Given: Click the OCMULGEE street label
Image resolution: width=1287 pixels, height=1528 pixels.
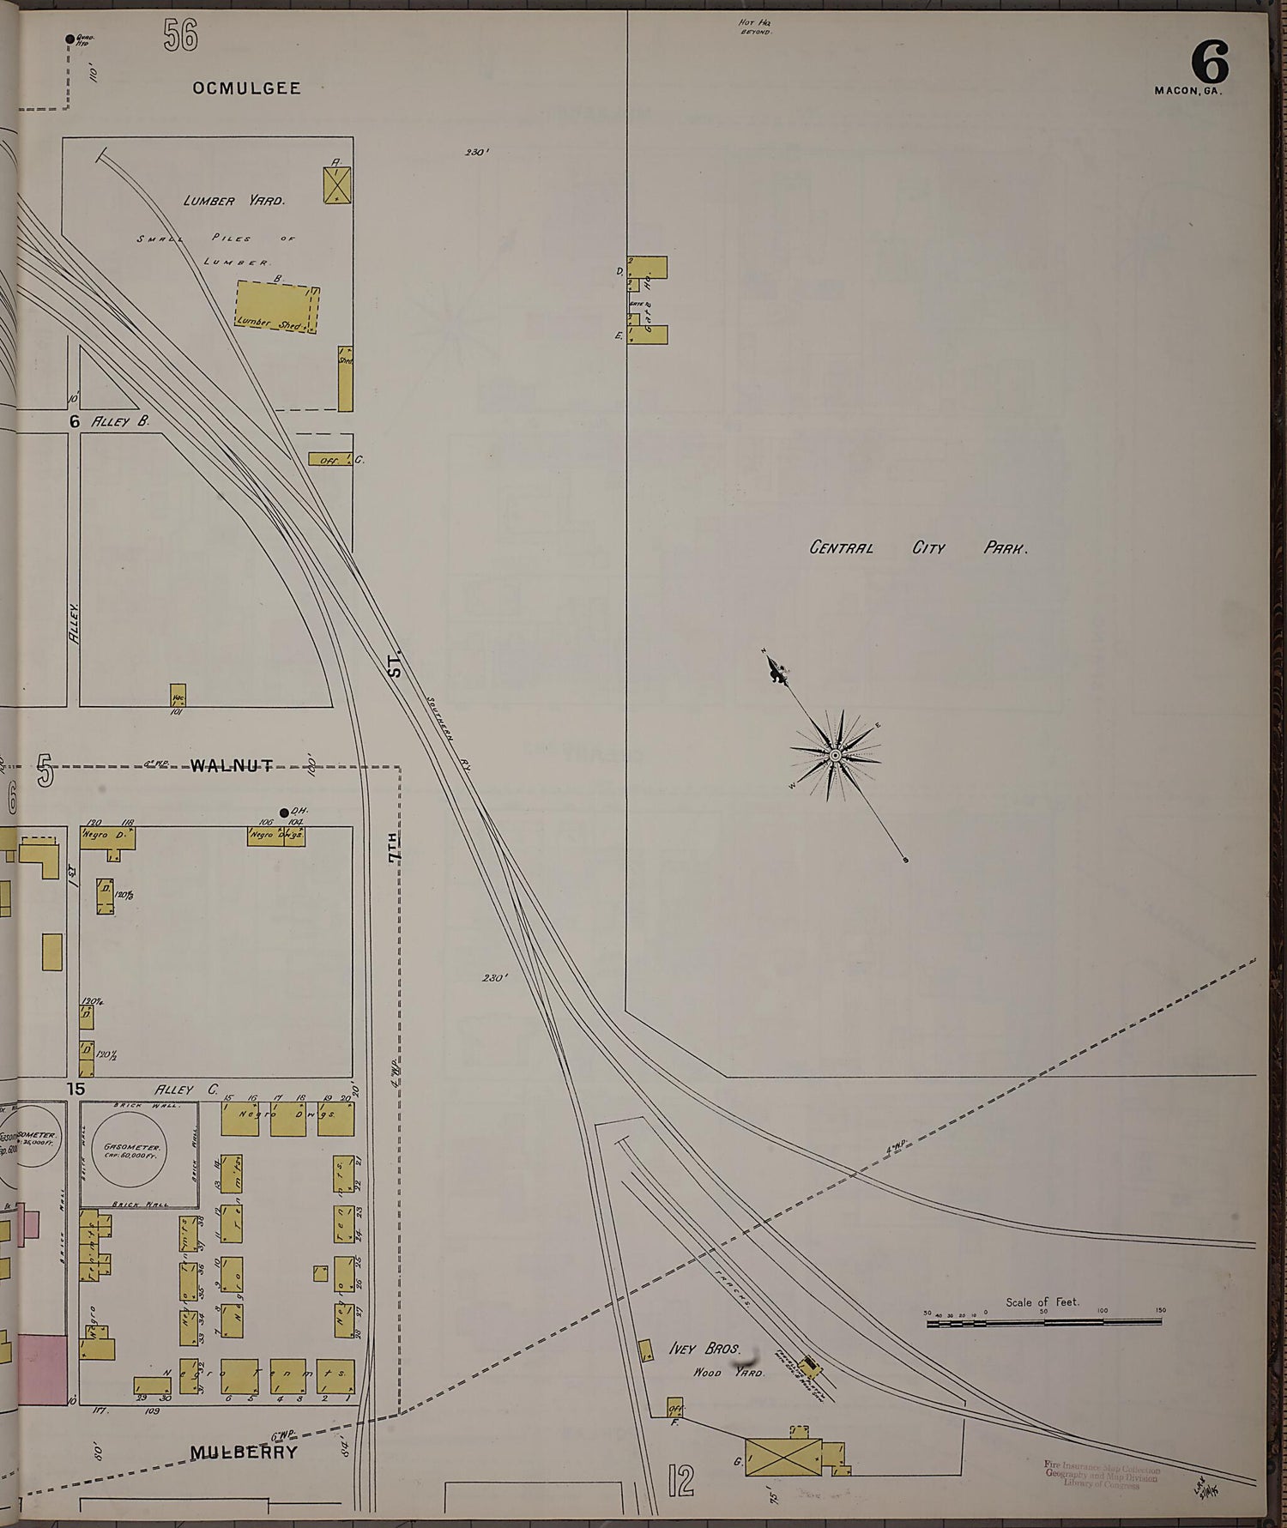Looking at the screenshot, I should click(x=246, y=88).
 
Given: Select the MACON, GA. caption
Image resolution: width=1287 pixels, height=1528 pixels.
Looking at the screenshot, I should click(x=1187, y=90).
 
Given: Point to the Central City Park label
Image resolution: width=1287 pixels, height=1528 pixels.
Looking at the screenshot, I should click(x=918, y=547).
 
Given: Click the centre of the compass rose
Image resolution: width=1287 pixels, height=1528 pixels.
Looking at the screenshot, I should click(x=834, y=755).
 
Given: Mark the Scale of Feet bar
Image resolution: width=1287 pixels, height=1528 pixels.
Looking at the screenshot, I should click(x=1045, y=1324).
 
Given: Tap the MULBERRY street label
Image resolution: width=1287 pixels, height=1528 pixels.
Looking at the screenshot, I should click(x=244, y=1452).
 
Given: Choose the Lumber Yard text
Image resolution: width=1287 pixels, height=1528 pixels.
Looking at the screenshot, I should click(x=233, y=201).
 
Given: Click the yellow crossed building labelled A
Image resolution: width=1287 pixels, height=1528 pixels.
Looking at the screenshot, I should click(x=337, y=185).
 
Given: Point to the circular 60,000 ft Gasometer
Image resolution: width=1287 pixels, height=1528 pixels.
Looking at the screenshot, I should click(x=134, y=1150).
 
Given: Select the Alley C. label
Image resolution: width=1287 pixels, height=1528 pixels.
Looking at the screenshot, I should click(x=184, y=1090).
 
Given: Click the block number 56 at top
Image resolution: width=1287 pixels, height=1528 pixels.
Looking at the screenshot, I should click(x=180, y=35).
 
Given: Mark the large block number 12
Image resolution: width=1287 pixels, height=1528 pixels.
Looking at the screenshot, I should click(x=680, y=1481).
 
